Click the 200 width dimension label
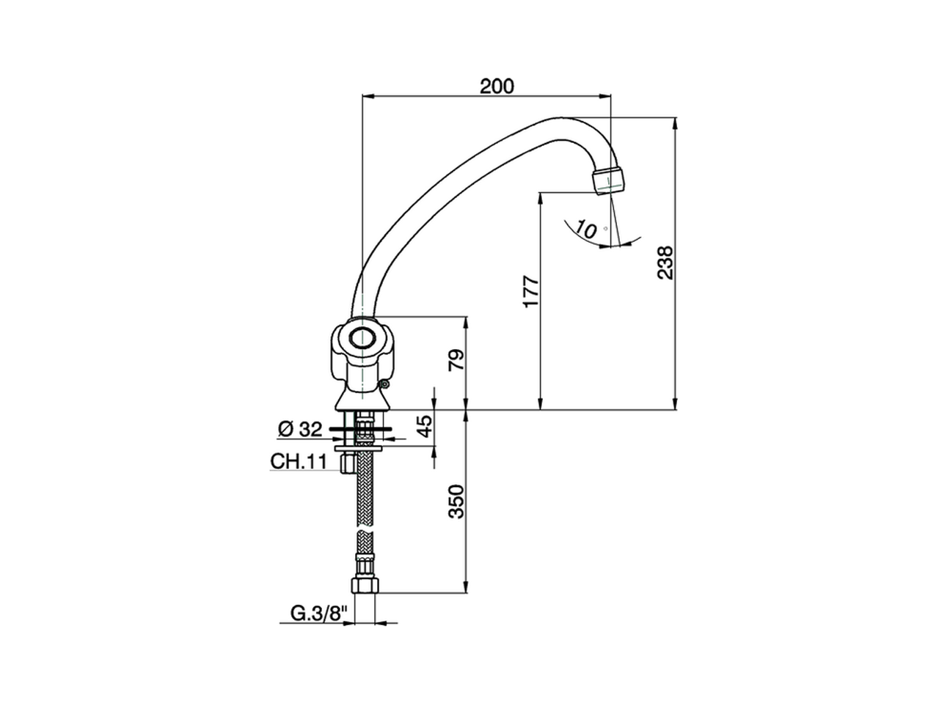pyautogui.click(x=497, y=86)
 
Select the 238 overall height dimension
pyautogui.click(x=665, y=262)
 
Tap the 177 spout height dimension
pyautogui.click(x=530, y=291)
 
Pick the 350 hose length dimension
pyautogui.click(x=456, y=501)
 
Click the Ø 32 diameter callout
pyautogui.click(x=300, y=428)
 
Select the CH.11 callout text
pyautogui.click(x=298, y=462)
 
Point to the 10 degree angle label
pyautogui.click(x=586, y=229)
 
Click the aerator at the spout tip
pyautogui.click(x=610, y=180)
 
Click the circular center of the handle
pyautogui.click(x=362, y=339)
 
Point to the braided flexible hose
pyautogui.click(x=364, y=499)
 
